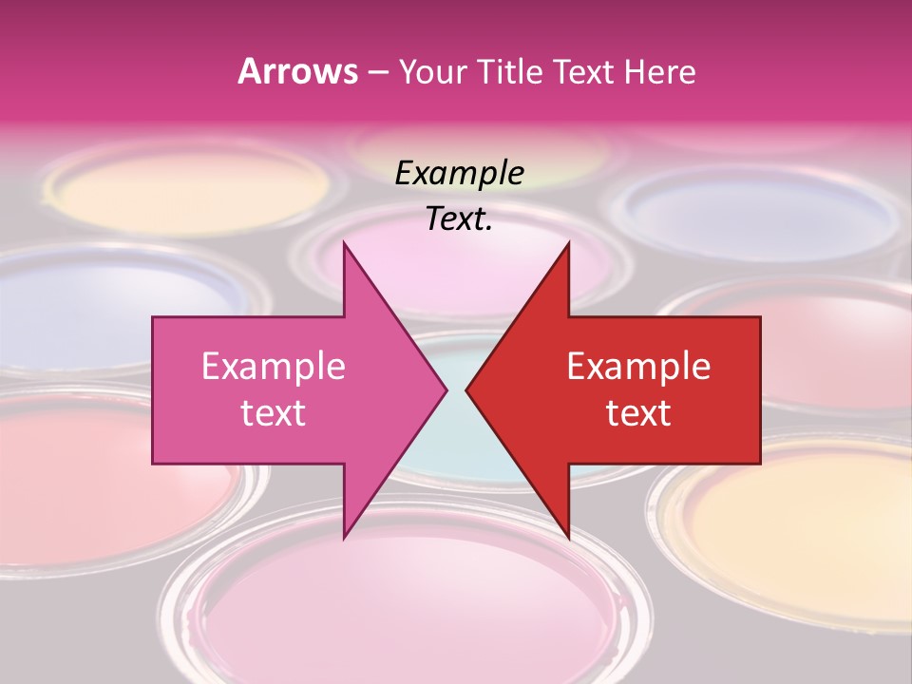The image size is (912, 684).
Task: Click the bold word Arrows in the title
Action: tap(298, 71)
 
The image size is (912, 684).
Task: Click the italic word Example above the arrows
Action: tap(459, 173)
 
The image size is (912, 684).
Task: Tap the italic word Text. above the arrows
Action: tap(459, 219)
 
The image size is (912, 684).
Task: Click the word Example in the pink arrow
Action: tap(274, 367)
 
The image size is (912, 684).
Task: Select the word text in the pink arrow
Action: tap(274, 413)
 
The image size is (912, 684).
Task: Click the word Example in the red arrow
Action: tap(638, 367)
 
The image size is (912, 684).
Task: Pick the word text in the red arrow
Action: tap(638, 413)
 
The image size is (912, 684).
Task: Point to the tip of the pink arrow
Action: tap(446, 389)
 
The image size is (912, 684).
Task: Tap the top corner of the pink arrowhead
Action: tap(345, 243)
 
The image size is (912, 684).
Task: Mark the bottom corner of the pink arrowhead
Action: tap(345, 537)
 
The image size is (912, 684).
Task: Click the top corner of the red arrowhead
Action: tap(568, 243)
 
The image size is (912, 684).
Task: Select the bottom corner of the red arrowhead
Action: tap(568, 537)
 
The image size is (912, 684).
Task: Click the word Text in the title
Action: tap(584, 72)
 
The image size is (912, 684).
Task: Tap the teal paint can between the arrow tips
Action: tap(457, 446)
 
